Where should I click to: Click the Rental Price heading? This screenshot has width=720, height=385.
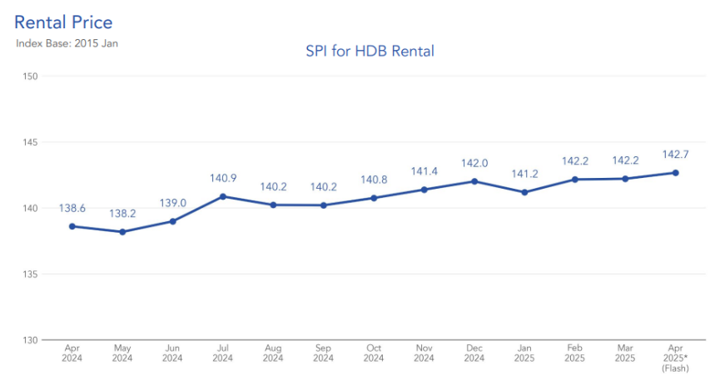(63, 22)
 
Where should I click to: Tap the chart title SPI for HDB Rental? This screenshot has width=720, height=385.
(370, 52)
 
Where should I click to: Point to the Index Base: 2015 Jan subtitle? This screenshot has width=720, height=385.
(67, 42)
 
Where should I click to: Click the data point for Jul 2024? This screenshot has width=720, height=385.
(223, 196)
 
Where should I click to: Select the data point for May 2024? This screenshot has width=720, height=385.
(122, 232)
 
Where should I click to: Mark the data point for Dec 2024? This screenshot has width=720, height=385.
(474, 181)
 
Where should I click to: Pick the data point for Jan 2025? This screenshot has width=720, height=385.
(524, 192)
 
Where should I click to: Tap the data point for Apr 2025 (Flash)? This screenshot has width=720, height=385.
(675, 173)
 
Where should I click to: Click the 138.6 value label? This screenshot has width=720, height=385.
(72, 208)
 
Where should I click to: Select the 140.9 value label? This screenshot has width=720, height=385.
(223, 178)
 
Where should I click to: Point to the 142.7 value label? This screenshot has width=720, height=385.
(675, 155)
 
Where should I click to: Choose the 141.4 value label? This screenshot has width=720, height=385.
(424, 171)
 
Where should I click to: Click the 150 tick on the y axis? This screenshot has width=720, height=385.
(31, 77)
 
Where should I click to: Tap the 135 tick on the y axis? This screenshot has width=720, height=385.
(31, 274)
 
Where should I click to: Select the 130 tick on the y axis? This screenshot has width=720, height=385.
(31, 340)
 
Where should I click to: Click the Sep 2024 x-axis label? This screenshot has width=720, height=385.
(323, 353)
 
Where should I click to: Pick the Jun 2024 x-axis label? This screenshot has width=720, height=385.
(172, 353)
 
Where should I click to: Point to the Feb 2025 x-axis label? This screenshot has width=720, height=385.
(574, 353)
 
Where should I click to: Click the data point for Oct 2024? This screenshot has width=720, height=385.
(374, 198)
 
